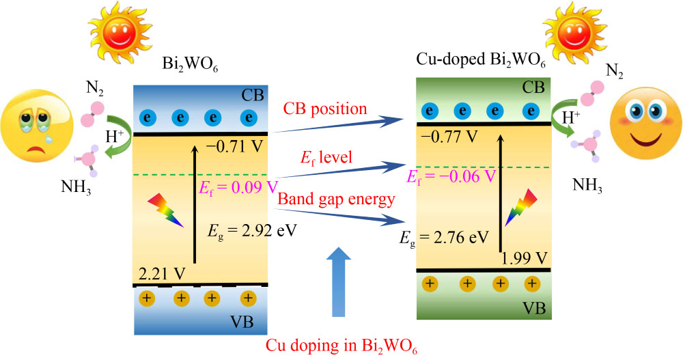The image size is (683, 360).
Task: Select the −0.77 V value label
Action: coord(449,136)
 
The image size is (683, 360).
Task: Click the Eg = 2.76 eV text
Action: coord(445,237)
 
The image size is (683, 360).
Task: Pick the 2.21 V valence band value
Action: coord(161,273)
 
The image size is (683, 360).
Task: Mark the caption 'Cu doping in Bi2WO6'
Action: coord(339,344)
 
